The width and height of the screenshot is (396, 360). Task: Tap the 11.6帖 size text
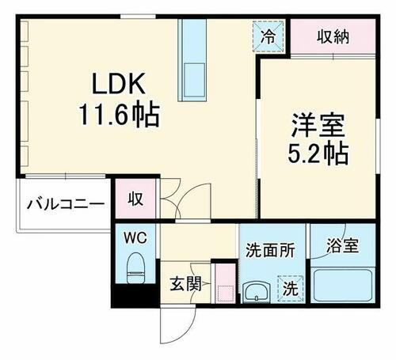pos(118,116)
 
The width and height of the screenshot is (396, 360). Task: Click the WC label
pos(135,238)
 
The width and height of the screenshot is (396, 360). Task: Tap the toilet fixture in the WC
pos(135,267)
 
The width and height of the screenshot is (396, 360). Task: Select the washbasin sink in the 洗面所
pos(256,292)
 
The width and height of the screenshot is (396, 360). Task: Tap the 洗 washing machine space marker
pos(291,287)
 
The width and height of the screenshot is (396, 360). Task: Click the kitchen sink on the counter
pos(192,80)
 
